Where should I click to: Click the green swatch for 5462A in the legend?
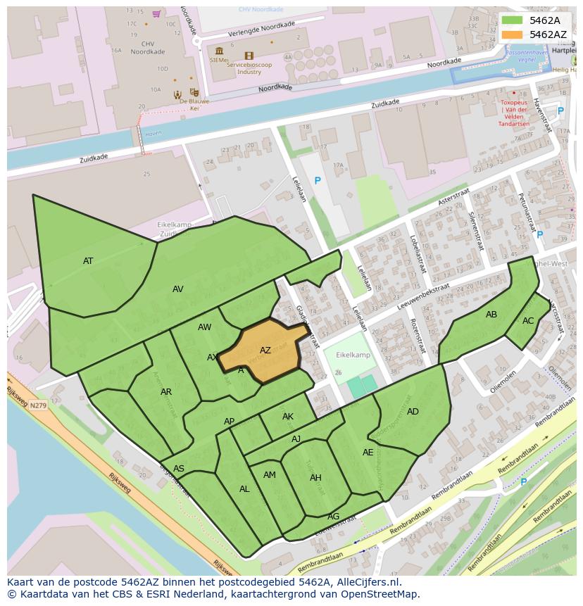512,20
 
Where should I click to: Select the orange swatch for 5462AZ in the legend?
512,34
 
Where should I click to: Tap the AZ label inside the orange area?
265,351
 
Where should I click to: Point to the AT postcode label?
88,261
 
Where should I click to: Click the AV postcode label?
178,289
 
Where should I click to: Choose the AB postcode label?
491,315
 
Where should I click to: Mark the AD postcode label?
413,412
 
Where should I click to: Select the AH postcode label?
315,478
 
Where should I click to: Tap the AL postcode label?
244,489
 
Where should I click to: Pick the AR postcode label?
166,392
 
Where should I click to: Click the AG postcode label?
334,517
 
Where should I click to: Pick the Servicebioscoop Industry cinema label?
249,68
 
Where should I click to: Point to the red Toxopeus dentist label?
514,113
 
